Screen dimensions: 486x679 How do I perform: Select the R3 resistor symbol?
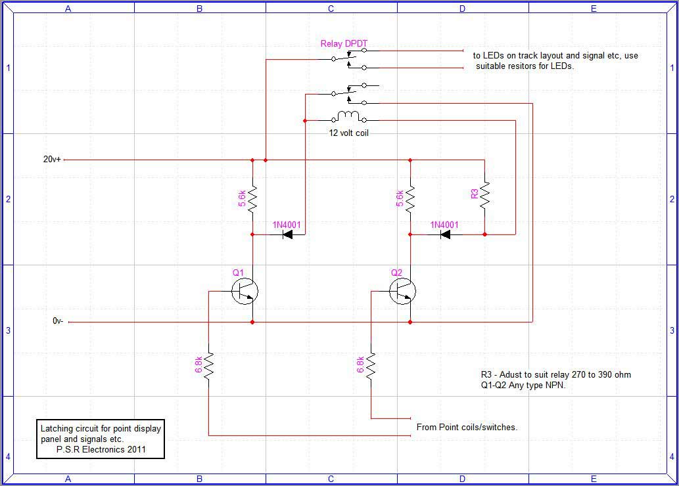pos(484,195)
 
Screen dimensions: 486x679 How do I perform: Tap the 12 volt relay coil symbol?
pos(348,118)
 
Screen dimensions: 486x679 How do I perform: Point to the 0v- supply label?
pos(58,322)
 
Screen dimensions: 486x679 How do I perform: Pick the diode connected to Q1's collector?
pos(287,234)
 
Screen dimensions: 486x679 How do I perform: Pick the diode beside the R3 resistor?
pos(445,234)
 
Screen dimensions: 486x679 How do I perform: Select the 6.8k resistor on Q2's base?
pos(371,366)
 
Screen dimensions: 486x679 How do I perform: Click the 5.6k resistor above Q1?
pos(252,197)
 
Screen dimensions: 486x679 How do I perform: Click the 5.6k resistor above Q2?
pos(410,197)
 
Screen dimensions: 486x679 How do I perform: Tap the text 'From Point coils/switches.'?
pos(467,427)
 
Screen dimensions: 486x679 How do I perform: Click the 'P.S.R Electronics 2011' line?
pos(101,450)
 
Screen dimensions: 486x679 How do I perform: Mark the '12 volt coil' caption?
pos(353,132)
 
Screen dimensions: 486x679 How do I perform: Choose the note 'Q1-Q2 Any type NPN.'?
pos(523,386)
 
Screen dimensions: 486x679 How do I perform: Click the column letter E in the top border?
pos(594,9)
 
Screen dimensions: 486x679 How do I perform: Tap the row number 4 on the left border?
pos(8,456)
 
